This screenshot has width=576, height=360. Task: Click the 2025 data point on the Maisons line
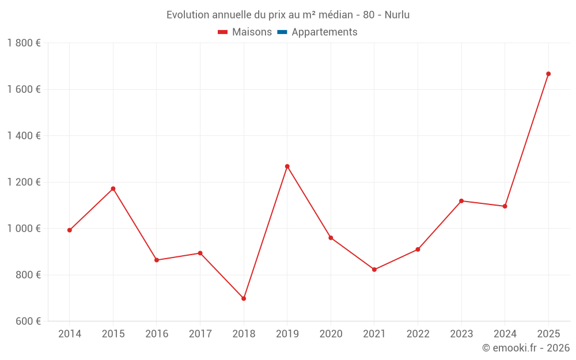(x=548, y=74)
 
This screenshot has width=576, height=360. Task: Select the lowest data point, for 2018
(x=244, y=298)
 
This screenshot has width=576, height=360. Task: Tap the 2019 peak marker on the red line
(x=287, y=166)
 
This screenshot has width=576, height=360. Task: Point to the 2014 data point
(x=70, y=230)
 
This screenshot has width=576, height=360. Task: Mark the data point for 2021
(x=374, y=270)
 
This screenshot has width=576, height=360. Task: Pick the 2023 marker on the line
(x=461, y=201)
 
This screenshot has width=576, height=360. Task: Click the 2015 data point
(x=113, y=188)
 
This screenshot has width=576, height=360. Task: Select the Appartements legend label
(x=324, y=32)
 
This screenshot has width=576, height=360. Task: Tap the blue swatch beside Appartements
(x=282, y=32)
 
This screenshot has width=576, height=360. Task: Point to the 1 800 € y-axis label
(x=24, y=43)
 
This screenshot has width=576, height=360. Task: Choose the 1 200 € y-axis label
(x=24, y=182)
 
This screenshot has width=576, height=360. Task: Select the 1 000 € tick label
(x=24, y=229)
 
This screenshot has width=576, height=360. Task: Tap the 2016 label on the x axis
(x=157, y=334)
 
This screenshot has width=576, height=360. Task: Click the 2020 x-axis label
(x=331, y=334)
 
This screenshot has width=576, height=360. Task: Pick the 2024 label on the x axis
(x=505, y=334)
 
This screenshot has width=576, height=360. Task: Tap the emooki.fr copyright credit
(x=526, y=348)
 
